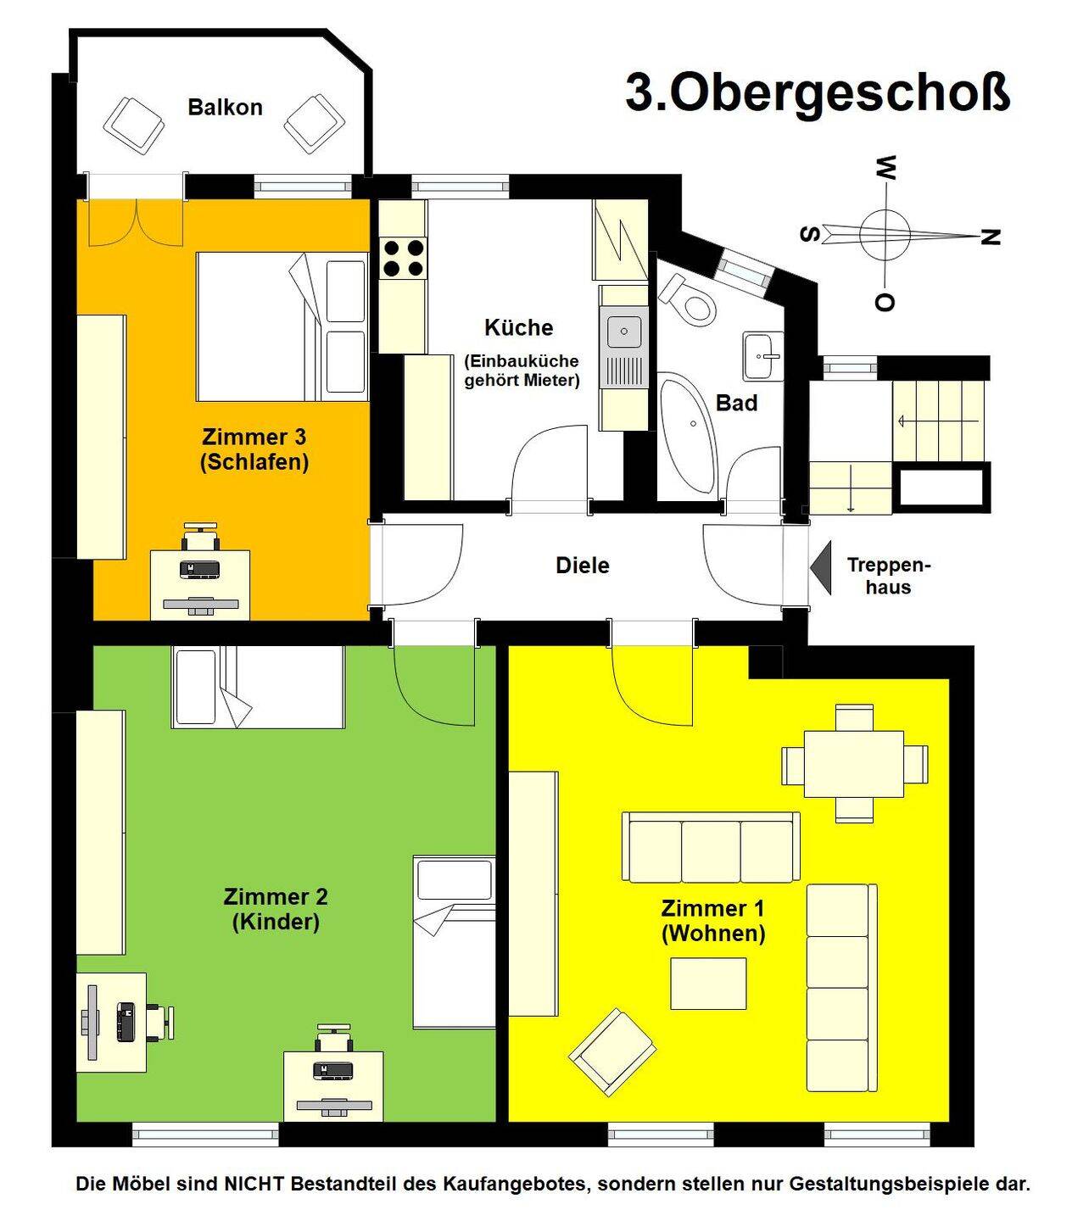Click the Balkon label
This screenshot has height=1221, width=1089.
[x=225, y=108]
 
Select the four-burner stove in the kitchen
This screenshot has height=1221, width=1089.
[x=404, y=257]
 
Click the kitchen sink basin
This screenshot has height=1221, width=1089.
[x=624, y=332]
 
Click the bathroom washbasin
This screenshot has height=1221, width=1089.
[x=763, y=355]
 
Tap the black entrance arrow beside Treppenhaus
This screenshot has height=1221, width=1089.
[x=821, y=567]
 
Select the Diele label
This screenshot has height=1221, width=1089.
[x=583, y=566]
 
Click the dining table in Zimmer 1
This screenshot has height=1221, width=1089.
[x=854, y=764]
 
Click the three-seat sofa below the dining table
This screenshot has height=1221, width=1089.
[x=712, y=846]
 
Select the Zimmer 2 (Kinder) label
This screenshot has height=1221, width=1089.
[x=276, y=910]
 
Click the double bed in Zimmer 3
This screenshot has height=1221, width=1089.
[x=282, y=326]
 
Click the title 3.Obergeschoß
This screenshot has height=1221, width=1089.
[x=818, y=93]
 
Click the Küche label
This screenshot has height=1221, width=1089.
[x=519, y=327]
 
